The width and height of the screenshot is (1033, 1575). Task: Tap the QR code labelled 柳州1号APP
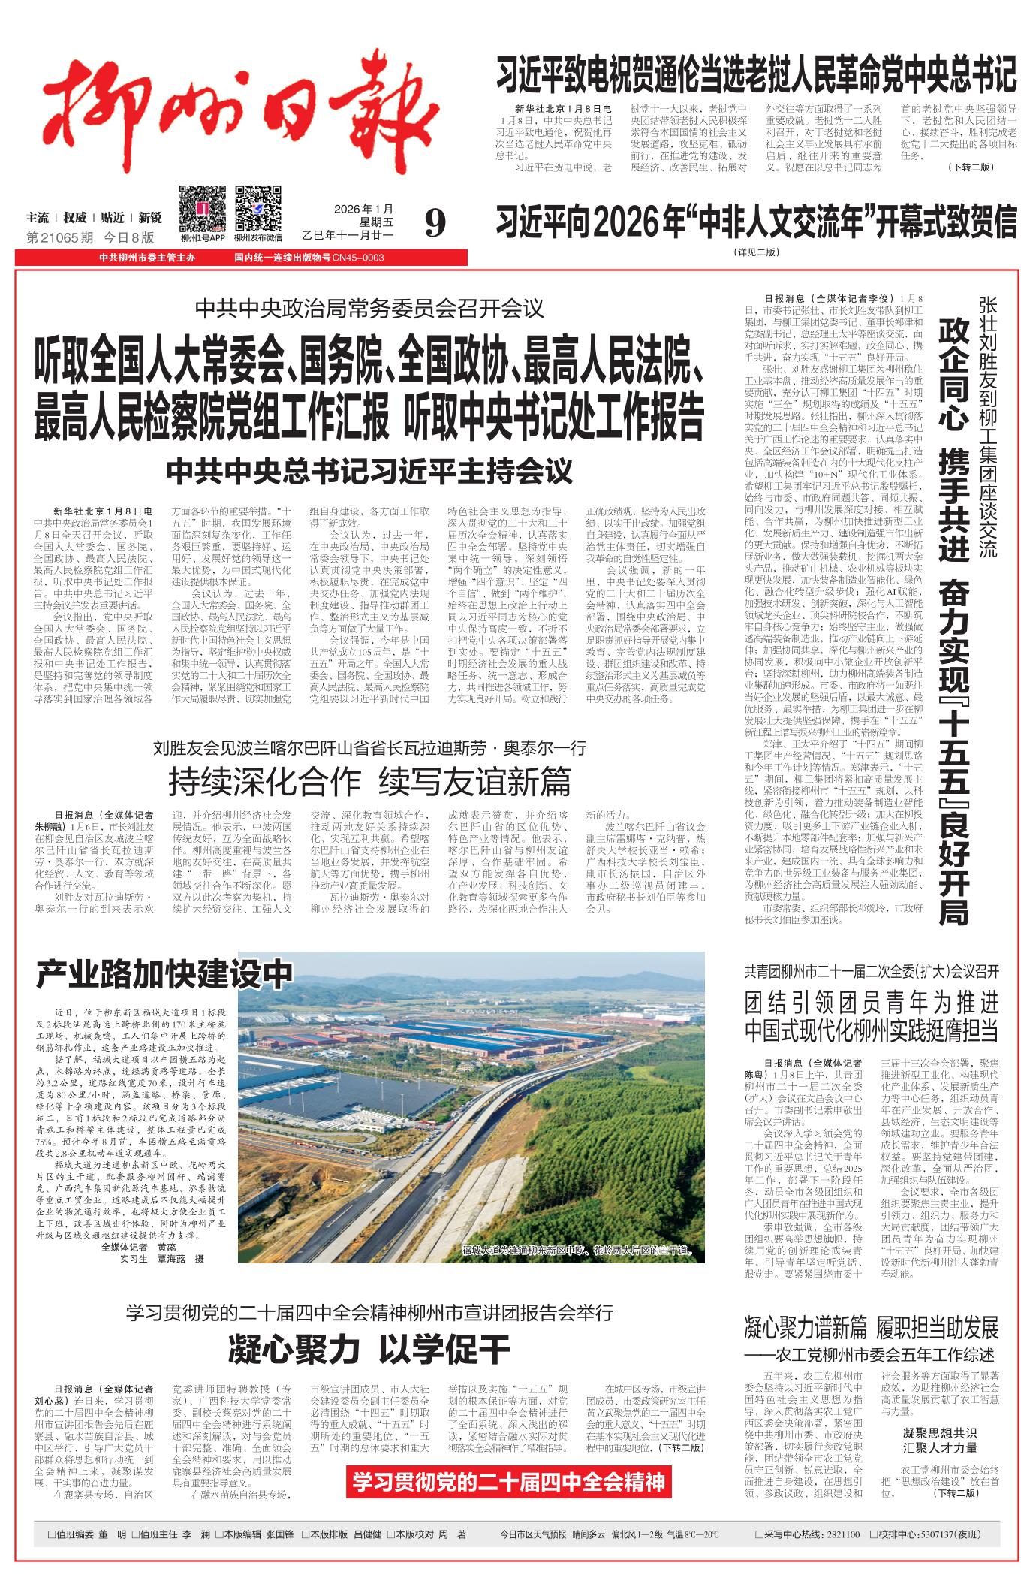coord(201,208)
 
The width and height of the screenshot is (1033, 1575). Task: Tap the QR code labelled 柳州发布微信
coord(257,208)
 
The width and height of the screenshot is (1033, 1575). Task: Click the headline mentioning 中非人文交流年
coord(755,222)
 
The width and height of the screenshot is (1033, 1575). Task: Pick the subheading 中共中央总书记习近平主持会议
coord(369,471)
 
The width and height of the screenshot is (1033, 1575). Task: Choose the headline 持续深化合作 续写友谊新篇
coord(369,782)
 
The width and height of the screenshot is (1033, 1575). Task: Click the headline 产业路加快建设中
coord(164,974)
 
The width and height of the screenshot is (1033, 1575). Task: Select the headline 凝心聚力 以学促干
coord(369,1350)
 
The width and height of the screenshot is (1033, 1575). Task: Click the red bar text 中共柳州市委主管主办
coord(147,258)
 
